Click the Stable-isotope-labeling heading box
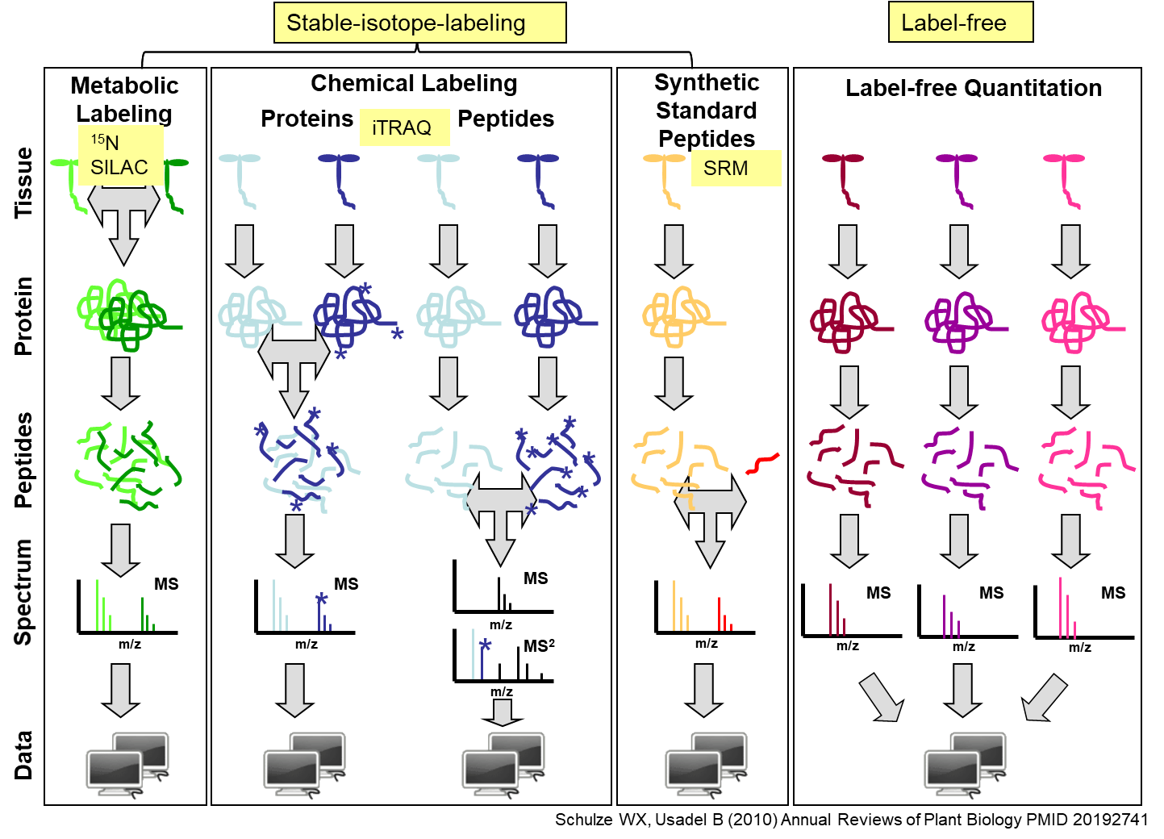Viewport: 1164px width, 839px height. (x=419, y=23)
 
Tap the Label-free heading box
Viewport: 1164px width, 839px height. (x=960, y=23)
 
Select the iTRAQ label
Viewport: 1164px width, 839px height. (x=404, y=127)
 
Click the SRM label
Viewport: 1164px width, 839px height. (x=736, y=168)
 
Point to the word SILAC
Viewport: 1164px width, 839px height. (x=119, y=167)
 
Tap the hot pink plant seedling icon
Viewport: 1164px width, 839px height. (x=1066, y=179)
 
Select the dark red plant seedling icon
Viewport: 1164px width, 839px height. (x=845, y=179)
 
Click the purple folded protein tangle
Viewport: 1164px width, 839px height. (x=960, y=321)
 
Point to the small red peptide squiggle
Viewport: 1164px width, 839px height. (x=762, y=463)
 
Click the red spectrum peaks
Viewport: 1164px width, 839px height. (x=724, y=615)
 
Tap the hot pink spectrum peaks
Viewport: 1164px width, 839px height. (x=1067, y=610)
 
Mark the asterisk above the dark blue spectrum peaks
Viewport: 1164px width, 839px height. (x=321, y=599)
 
